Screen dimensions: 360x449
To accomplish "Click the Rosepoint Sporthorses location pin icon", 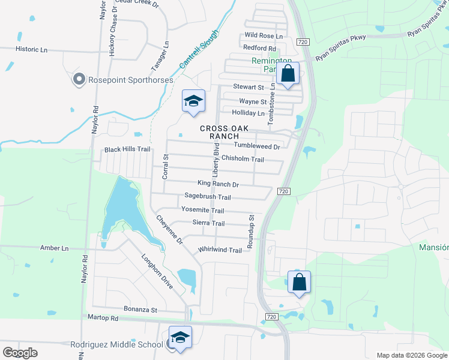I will [x=79, y=80].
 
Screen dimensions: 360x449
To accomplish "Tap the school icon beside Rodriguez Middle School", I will [x=179, y=338].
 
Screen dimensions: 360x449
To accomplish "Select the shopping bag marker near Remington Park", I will [x=288, y=74].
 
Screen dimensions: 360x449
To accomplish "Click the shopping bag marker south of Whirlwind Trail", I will [x=299, y=282].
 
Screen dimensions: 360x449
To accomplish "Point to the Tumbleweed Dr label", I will [x=257, y=146].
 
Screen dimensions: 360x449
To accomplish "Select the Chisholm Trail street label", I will [x=243, y=159].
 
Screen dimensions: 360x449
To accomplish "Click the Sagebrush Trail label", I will [x=208, y=197].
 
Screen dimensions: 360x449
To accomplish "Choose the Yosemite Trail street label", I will [x=202, y=211].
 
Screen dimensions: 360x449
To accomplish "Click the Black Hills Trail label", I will [x=127, y=149].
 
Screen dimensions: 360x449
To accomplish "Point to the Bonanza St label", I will [x=140, y=310].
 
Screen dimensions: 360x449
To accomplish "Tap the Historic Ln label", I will [x=31, y=49].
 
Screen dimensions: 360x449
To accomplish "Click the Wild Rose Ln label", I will [x=259, y=36].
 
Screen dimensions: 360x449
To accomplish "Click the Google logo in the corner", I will [x=20, y=352].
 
